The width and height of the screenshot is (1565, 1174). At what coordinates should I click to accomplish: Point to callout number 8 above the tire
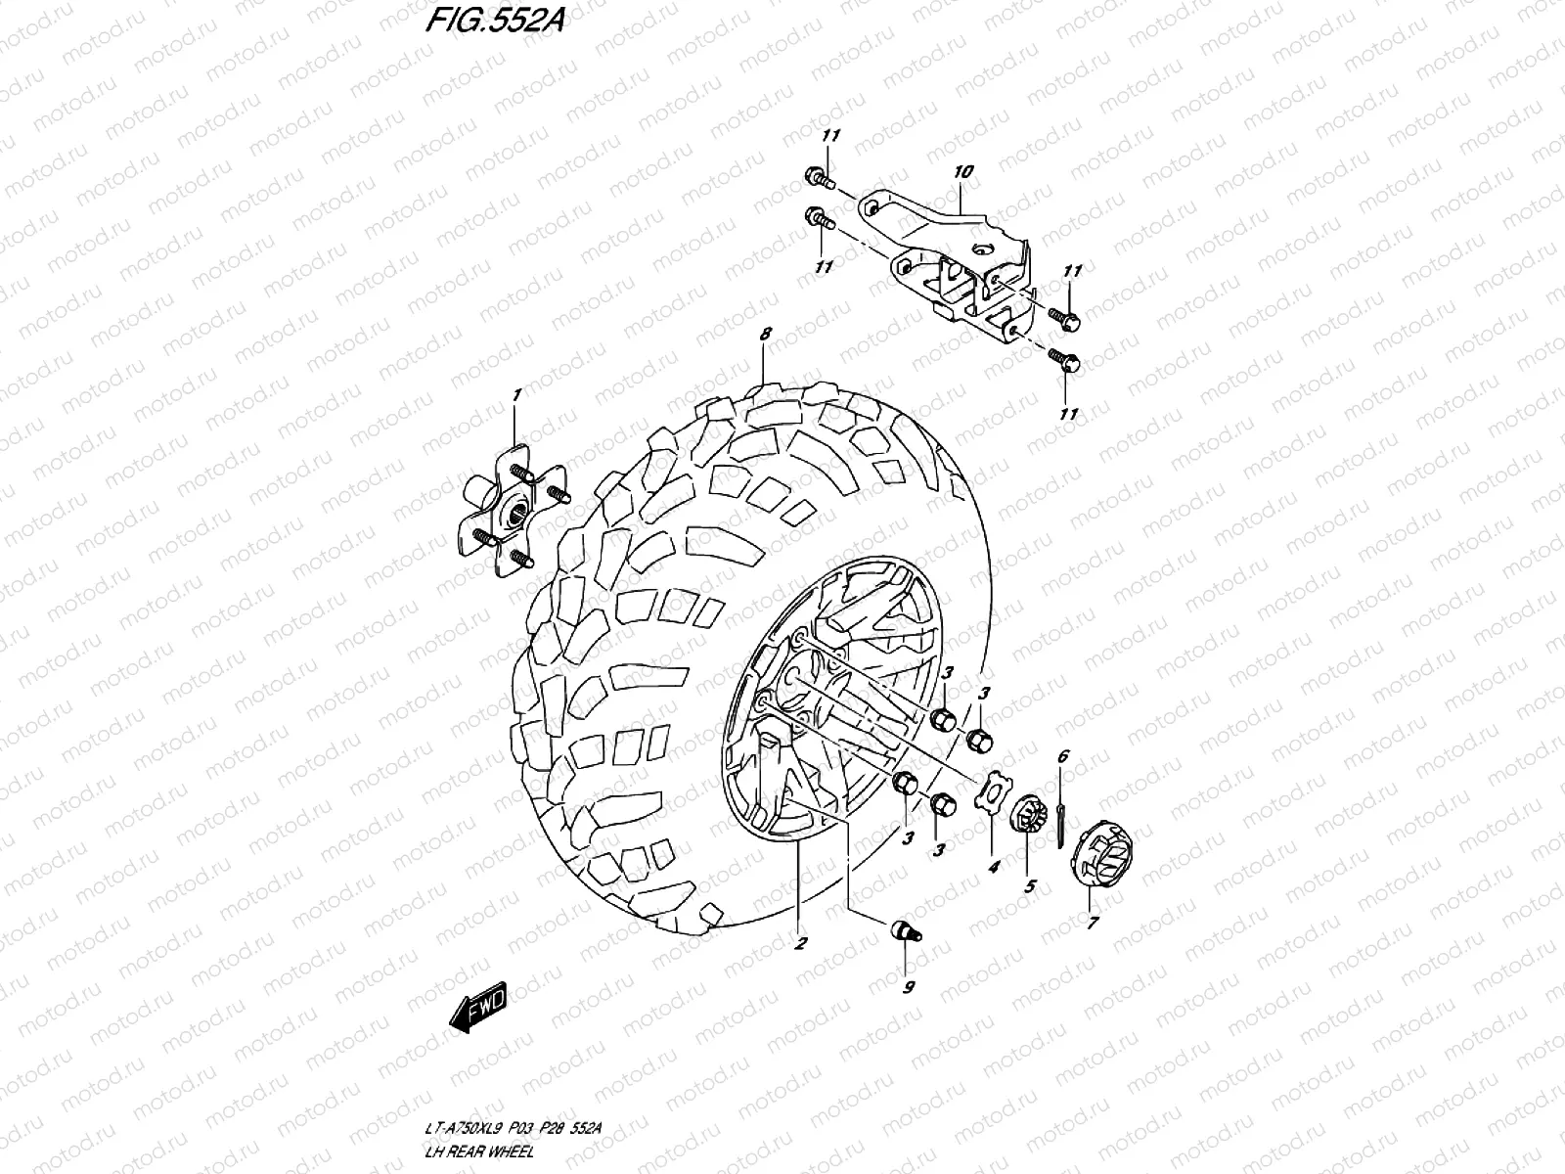[766, 334]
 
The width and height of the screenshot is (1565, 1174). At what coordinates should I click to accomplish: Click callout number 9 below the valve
[908, 987]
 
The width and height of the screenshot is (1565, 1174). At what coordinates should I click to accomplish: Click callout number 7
[1093, 922]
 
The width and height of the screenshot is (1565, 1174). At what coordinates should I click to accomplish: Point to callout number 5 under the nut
[1029, 887]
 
